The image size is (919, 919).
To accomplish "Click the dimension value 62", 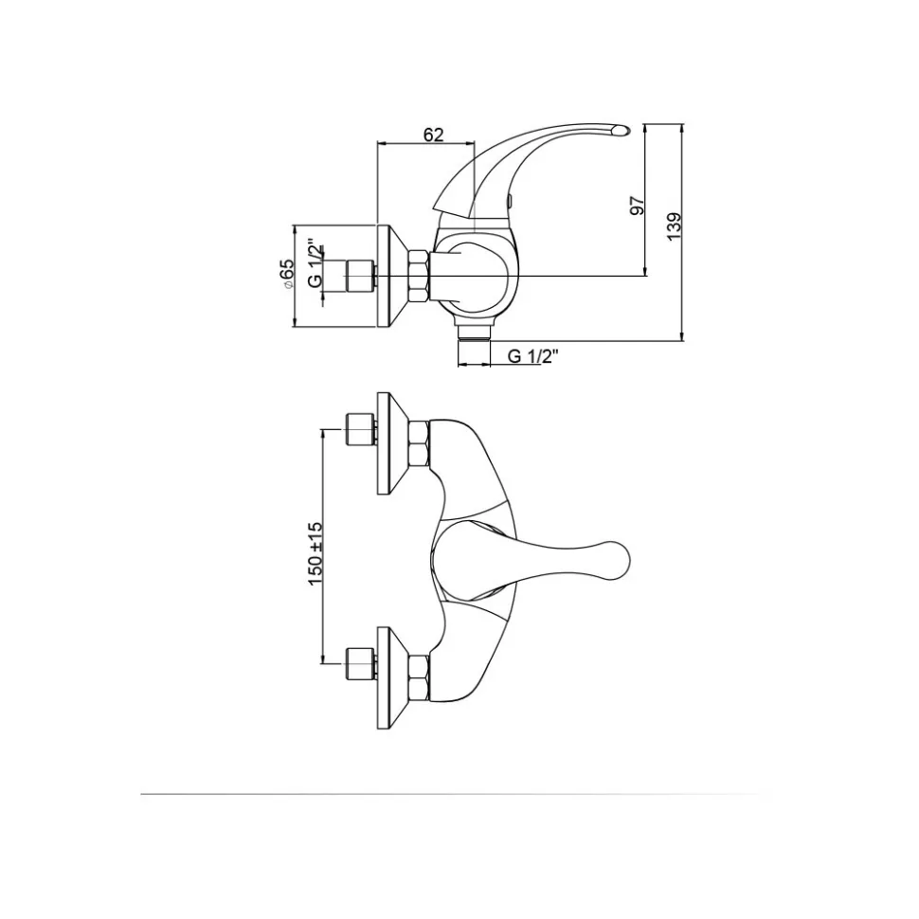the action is [433, 135].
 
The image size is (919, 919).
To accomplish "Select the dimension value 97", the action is [637, 206].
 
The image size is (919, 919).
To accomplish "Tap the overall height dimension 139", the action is [674, 226].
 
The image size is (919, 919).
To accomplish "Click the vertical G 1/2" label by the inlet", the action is [315, 263].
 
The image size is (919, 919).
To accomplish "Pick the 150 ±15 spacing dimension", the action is [315, 553].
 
